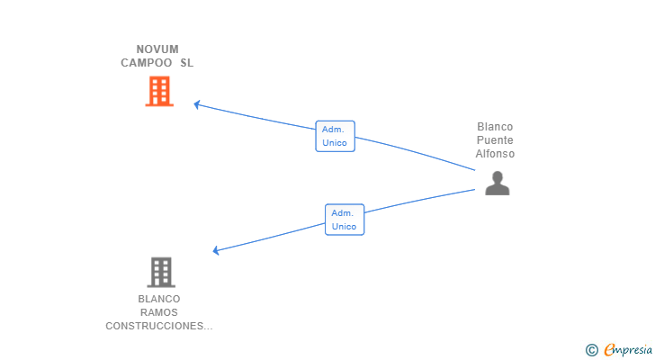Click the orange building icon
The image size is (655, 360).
coord(159,91)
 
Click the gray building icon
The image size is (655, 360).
coord(161,273)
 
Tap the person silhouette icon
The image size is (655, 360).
coord(497,183)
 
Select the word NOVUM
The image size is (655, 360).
coord(157,49)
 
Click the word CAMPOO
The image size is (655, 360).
coord(146,63)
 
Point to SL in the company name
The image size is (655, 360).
coord(187,63)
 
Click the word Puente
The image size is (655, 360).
coord(495,139)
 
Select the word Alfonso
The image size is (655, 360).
coord(495,154)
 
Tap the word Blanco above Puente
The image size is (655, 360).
coord(495,127)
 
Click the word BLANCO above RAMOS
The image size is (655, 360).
coord(159,299)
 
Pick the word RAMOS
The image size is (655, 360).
coord(159,312)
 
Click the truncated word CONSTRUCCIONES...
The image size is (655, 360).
coord(159,326)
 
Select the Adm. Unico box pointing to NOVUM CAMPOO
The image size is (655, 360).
coord(335,136)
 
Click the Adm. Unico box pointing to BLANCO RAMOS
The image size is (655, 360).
coord(345,220)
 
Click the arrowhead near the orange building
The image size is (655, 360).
coord(197,104)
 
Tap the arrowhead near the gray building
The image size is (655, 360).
coord(216,250)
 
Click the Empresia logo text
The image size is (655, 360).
coord(628,349)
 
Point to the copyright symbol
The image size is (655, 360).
coord(591,350)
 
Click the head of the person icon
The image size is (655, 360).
coord(497,176)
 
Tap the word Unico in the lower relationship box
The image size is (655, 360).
coord(344,227)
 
